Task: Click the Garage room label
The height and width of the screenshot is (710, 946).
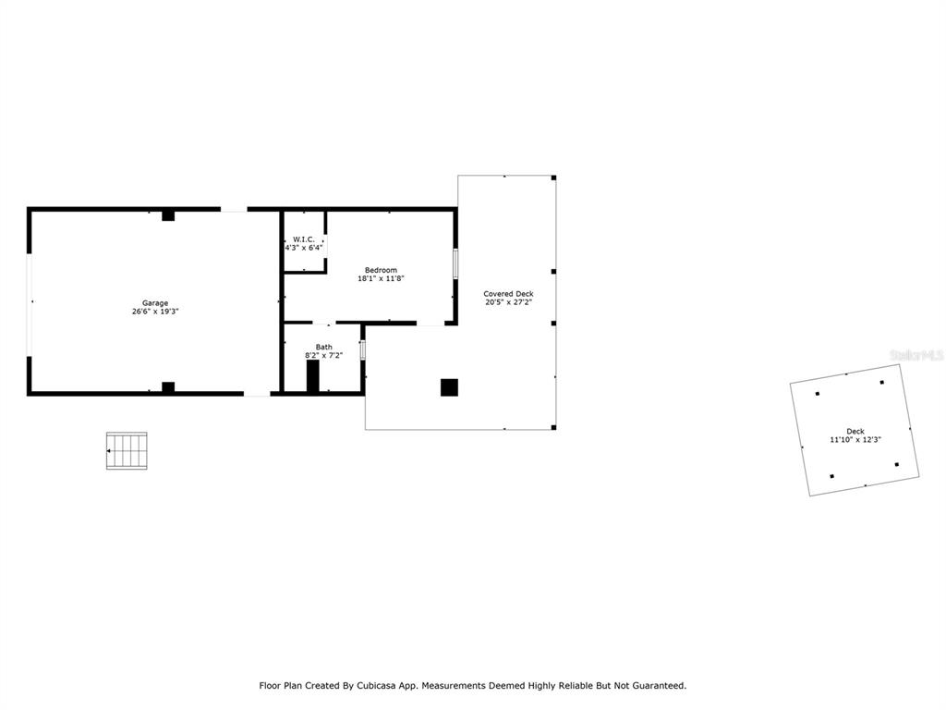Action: tap(155, 303)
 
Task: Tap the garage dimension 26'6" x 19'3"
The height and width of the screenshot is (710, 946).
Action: tap(155, 312)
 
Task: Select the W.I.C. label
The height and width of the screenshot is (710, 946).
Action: tap(303, 239)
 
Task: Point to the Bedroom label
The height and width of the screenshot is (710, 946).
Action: tap(381, 270)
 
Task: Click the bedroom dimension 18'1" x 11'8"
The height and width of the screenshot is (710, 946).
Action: tap(381, 278)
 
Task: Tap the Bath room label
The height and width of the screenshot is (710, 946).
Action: tap(324, 348)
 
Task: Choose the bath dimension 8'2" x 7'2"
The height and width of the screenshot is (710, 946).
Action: tap(324, 356)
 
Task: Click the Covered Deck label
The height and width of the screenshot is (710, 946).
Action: tap(508, 293)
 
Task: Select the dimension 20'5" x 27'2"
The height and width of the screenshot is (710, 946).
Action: tap(508, 302)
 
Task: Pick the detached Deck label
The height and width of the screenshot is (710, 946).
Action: tap(855, 431)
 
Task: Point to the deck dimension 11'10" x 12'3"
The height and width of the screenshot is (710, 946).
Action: tap(855, 439)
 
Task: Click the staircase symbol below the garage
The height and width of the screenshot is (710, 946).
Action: tap(127, 450)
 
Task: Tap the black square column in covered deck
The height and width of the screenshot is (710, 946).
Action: tap(449, 387)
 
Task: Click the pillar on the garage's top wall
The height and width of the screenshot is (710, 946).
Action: tap(168, 215)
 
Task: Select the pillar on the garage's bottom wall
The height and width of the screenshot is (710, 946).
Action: tap(168, 387)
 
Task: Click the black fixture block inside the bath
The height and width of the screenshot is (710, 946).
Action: tap(312, 376)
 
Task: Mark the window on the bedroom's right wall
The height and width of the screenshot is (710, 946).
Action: tap(455, 263)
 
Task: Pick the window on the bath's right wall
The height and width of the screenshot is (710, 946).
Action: tap(362, 350)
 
